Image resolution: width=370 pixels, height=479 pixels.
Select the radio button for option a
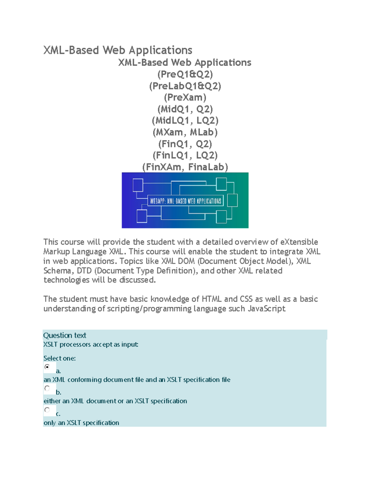tap(47, 367)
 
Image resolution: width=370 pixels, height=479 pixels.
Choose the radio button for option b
tap(47, 388)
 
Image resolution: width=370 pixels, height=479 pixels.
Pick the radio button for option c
tap(47, 410)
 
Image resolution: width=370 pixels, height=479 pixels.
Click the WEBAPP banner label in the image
tap(185, 201)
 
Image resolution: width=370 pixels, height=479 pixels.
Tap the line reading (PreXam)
tap(185, 97)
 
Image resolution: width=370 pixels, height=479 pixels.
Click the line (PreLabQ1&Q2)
tap(185, 86)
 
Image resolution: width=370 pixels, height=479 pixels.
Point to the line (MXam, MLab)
tap(185, 132)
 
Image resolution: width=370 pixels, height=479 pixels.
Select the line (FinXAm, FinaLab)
tap(185, 167)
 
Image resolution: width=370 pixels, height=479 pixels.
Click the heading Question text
tap(65, 335)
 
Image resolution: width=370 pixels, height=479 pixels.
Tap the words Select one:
tap(60, 358)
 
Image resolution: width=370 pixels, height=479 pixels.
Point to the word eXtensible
tap(299, 242)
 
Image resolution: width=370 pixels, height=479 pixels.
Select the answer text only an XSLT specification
tap(81, 423)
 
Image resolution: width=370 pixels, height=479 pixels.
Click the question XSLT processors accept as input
tap(91, 344)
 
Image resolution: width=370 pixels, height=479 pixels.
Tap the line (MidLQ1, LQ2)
tap(185, 121)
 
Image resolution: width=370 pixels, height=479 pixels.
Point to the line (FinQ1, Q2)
tap(185, 144)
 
